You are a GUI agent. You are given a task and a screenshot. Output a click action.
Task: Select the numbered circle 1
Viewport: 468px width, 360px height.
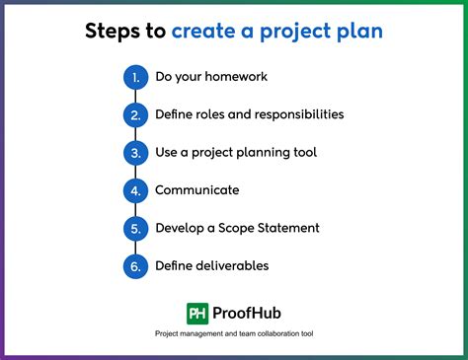[135, 77]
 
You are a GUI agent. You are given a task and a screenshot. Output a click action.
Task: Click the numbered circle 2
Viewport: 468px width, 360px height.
[135, 114]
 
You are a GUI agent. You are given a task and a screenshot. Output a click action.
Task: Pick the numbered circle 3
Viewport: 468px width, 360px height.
[135, 153]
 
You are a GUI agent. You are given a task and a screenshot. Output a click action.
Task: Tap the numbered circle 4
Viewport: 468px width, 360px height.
[135, 190]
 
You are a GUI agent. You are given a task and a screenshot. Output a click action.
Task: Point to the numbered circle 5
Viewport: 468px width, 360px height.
[135, 228]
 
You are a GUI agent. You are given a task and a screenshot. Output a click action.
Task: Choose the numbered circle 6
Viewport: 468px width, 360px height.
[135, 266]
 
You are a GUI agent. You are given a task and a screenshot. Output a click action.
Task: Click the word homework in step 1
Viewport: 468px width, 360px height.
[233, 77]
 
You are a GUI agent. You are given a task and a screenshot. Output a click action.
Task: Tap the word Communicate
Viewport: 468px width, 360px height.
[197, 190]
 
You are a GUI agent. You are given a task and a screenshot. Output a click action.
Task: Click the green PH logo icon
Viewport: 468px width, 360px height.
[198, 313]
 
